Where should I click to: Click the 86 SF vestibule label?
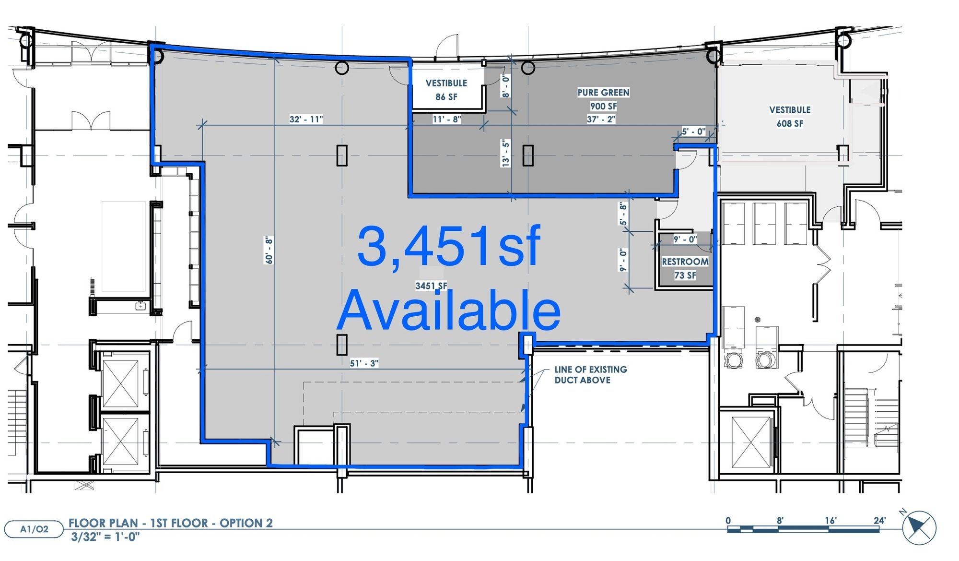pos(446,90)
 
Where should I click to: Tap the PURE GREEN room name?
pos(603,92)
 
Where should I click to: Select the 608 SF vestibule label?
pos(790,117)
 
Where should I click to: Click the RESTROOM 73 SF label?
pos(685,268)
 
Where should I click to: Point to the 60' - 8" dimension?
pos(269,250)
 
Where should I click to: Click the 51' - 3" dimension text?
pos(364,363)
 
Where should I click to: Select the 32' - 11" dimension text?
pos(306,119)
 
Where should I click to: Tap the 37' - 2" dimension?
pos(601,119)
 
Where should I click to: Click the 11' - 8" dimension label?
pos(446,119)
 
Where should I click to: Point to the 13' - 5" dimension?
pos(505,154)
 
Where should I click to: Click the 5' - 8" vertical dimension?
pos(623,214)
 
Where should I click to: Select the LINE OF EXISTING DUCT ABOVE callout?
pos(591,375)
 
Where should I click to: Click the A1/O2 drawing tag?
pos(34,529)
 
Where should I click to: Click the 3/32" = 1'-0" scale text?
pos(105,537)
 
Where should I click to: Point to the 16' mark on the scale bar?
pos(830,521)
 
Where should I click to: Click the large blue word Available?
pos(449,310)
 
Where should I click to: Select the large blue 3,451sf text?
pos(449,246)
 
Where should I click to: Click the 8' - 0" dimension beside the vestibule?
pos(505,86)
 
